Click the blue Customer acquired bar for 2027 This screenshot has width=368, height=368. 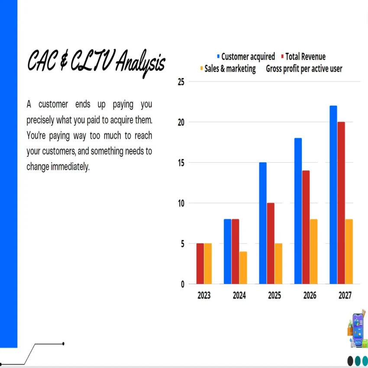(x=333, y=195)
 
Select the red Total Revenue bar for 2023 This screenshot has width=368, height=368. (x=200, y=264)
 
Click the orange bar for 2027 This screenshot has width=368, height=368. (x=349, y=252)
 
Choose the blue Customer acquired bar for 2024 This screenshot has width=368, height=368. (x=227, y=252)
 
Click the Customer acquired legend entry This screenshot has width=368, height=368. (x=248, y=57)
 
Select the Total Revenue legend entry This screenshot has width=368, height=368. (x=305, y=57)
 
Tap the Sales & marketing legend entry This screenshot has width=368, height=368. (x=230, y=69)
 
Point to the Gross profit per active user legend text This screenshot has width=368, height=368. (x=304, y=69)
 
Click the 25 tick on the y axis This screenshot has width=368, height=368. (x=181, y=81)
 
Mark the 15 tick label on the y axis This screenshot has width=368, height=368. (x=181, y=163)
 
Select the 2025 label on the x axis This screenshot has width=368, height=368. (x=274, y=296)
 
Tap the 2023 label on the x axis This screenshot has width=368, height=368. (x=204, y=296)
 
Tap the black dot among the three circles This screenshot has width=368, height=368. (x=350, y=360)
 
